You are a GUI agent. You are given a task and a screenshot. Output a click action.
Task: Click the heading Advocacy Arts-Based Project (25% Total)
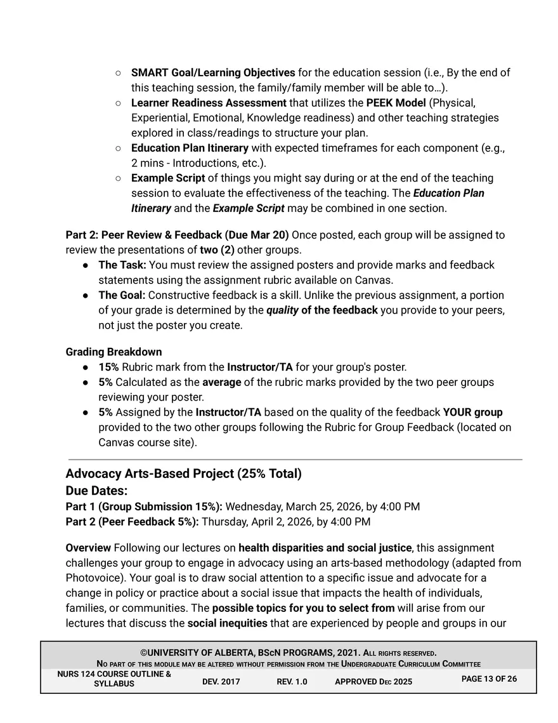point(183,474)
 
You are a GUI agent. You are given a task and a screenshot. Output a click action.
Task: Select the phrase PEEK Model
point(396,103)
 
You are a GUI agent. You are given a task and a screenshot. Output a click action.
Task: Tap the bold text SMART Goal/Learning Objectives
point(212,72)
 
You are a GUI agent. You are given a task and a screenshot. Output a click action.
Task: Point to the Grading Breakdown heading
point(114,352)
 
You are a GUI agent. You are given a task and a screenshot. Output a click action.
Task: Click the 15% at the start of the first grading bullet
point(108,367)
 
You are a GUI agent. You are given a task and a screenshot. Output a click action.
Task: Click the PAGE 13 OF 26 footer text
point(489,679)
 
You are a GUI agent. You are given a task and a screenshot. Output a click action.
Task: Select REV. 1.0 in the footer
point(292,682)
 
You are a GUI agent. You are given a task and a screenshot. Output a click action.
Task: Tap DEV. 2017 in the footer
point(221,682)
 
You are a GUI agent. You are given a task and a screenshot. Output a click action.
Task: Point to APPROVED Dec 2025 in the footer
point(373,682)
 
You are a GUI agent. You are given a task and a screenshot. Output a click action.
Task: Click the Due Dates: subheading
point(96,491)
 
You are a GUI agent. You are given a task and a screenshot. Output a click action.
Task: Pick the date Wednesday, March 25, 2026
point(294,507)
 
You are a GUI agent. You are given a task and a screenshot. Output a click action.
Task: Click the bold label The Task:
point(122,265)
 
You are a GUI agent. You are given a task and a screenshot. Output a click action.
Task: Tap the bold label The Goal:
point(122,295)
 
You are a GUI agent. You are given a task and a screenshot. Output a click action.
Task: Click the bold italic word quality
point(282,310)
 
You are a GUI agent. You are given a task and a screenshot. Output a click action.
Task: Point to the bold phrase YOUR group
point(472,413)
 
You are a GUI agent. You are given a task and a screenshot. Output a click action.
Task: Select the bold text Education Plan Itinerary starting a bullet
point(190,148)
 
